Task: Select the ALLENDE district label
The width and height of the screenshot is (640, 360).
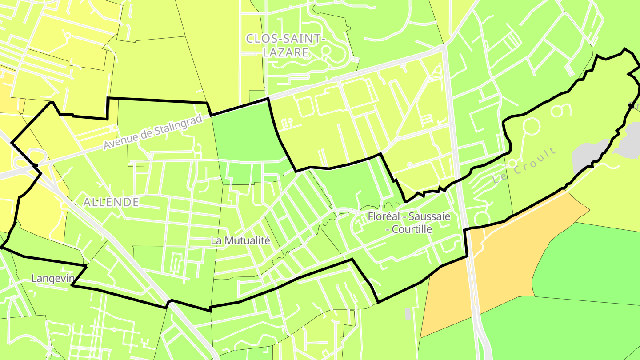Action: (x=111, y=203)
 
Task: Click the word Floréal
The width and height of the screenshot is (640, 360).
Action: (x=384, y=217)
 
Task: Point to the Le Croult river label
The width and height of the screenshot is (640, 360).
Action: (x=525, y=166)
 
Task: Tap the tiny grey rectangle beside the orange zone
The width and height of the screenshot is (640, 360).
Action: (x=408, y=314)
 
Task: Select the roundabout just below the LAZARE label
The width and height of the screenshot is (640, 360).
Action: (x=326, y=51)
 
